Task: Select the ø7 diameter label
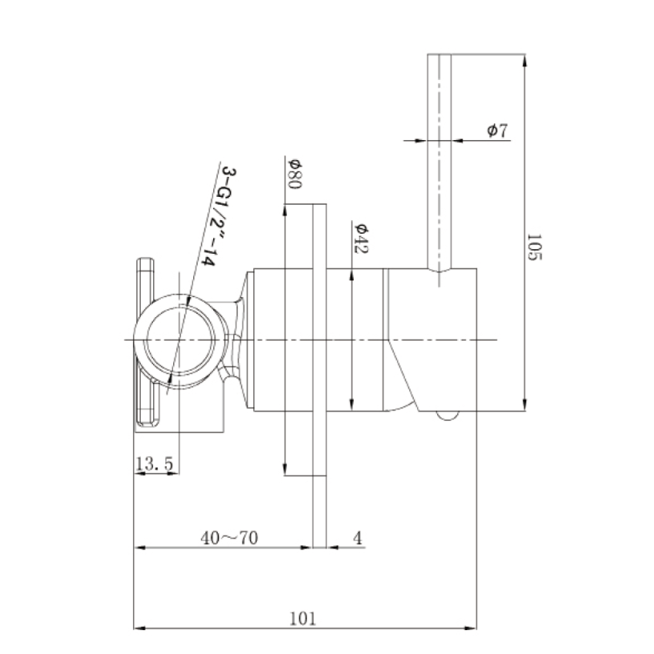tap(497, 131)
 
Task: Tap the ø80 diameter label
tap(294, 174)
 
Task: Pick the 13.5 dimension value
tap(153, 463)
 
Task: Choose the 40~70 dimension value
tap(229, 538)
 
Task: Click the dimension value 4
tap(357, 538)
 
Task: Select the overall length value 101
tap(303, 618)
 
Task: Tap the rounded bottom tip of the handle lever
tap(440, 272)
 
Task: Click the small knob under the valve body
tap(445, 416)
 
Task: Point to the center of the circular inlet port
tap(178, 340)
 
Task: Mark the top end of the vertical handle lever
tap(440, 56)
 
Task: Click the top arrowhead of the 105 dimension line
tap(524, 58)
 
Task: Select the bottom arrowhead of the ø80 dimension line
tap(285, 470)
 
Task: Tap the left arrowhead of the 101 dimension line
tap(139, 629)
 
